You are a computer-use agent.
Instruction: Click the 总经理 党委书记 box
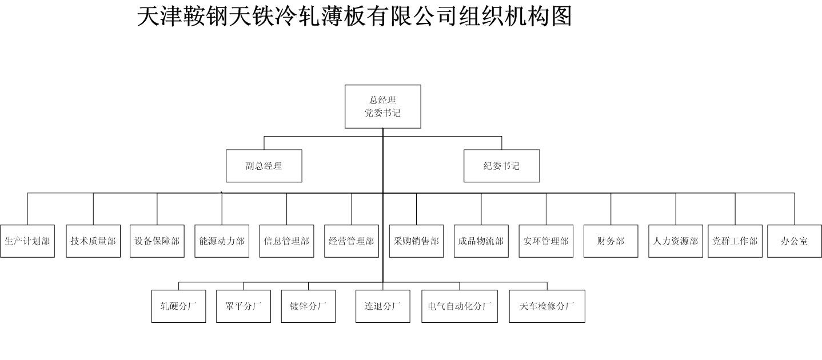(383, 106)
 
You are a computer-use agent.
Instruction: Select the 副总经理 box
(264, 166)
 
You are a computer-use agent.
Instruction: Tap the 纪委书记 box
(502, 166)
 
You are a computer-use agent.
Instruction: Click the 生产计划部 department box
(27, 241)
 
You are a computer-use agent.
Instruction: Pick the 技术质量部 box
(93, 241)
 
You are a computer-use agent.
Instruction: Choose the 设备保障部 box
(157, 241)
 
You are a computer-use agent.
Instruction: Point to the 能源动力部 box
(222, 241)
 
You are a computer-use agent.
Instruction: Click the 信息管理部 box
(286, 241)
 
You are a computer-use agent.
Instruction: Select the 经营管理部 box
(352, 241)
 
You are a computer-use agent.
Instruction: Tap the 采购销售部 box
(416, 241)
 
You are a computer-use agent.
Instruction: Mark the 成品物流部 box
(481, 241)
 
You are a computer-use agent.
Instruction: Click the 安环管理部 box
(546, 241)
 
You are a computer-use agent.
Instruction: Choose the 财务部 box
(610, 241)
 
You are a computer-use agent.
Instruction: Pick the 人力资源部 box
(676, 241)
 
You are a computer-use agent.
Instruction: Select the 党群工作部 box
(735, 241)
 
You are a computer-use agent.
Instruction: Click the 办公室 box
(795, 241)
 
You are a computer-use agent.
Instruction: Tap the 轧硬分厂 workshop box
(179, 306)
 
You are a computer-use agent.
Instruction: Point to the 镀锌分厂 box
(308, 306)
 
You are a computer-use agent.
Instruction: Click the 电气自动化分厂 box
(460, 306)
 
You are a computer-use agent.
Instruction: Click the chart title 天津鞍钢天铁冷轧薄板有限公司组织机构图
(354, 16)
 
